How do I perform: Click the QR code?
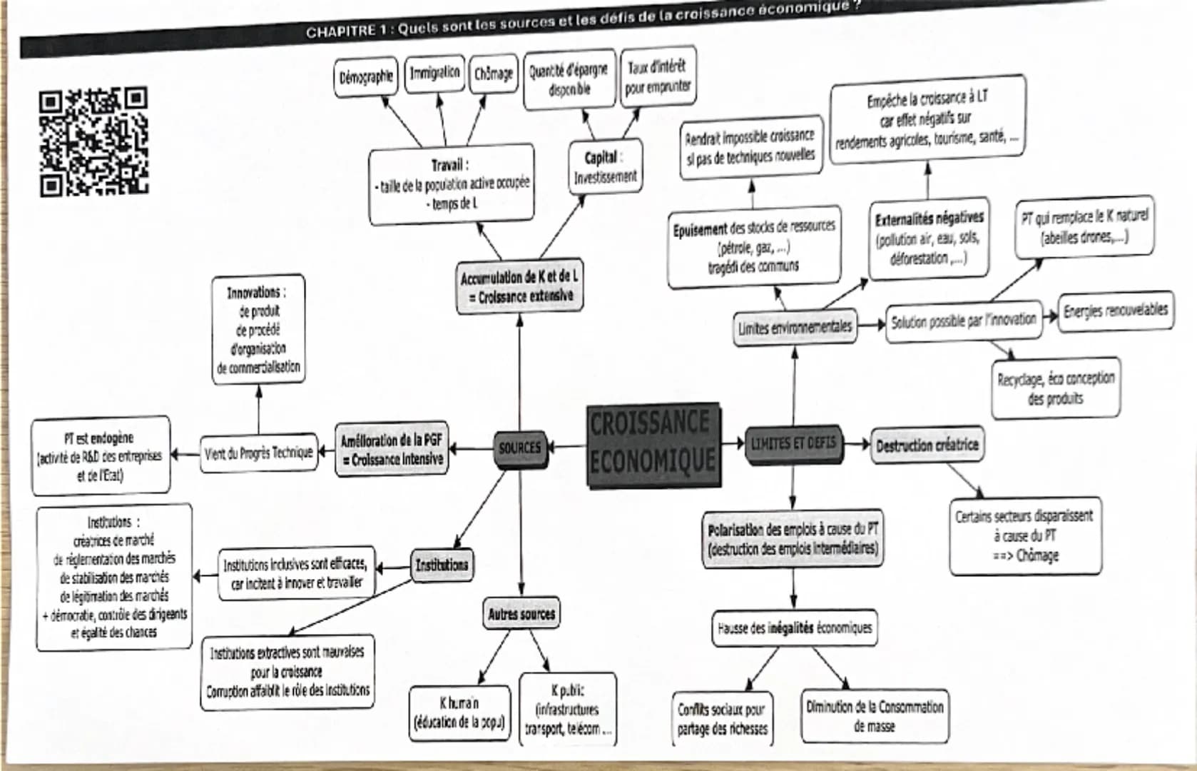click(x=93, y=142)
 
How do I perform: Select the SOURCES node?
click(x=519, y=448)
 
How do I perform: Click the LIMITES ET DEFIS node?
click(x=793, y=444)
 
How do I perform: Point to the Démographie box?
click(x=366, y=76)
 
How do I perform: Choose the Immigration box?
click(x=434, y=74)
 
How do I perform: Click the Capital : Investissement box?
click(x=605, y=167)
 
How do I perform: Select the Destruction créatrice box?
click(x=927, y=445)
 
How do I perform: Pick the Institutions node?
click(x=442, y=565)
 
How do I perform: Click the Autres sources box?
click(x=521, y=614)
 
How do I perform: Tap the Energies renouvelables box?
click(x=1115, y=311)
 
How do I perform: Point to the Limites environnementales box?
click(x=795, y=328)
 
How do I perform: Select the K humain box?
click(x=459, y=712)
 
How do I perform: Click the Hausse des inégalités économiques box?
click(x=794, y=628)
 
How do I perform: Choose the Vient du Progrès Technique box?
click(x=258, y=453)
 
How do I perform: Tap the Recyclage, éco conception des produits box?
click(x=1055, y=388)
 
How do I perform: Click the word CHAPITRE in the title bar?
click(x=341, y=31)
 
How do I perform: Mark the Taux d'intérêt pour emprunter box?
click(x=657, y=76)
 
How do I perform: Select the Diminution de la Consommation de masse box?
click(x=875, y=716)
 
